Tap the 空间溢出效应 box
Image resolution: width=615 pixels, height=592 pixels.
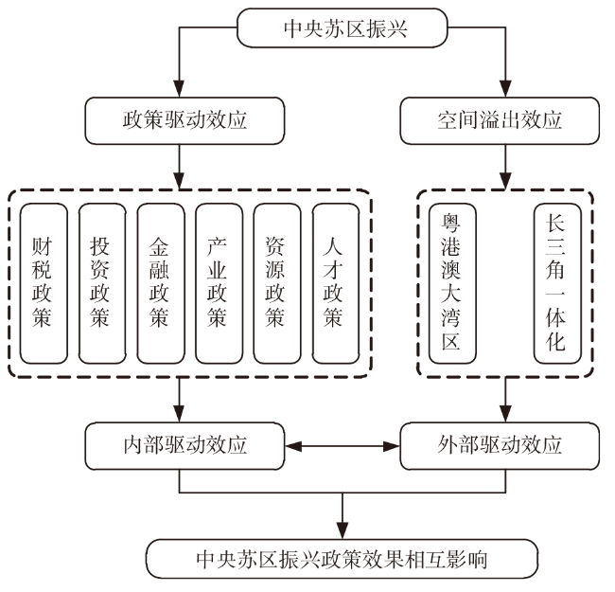pos(499,120)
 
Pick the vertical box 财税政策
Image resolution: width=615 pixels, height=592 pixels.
pos(43,281)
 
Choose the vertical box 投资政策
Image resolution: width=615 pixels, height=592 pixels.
pos(101,281)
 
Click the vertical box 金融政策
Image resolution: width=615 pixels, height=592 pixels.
pos(160,281)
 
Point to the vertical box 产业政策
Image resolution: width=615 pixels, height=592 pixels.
pos(219,281)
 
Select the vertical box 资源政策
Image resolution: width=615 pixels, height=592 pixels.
pos(276,281)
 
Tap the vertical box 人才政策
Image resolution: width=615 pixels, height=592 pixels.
pos(335,281)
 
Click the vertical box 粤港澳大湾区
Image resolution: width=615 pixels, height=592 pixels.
pos(452,281)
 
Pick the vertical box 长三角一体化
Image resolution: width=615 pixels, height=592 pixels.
pos(555,281)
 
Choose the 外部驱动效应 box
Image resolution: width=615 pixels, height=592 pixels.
pos(499,445)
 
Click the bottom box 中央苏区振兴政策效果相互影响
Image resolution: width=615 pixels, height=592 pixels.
pos(342,558)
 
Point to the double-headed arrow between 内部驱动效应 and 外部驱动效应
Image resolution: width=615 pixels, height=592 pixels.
pos(342,445)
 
